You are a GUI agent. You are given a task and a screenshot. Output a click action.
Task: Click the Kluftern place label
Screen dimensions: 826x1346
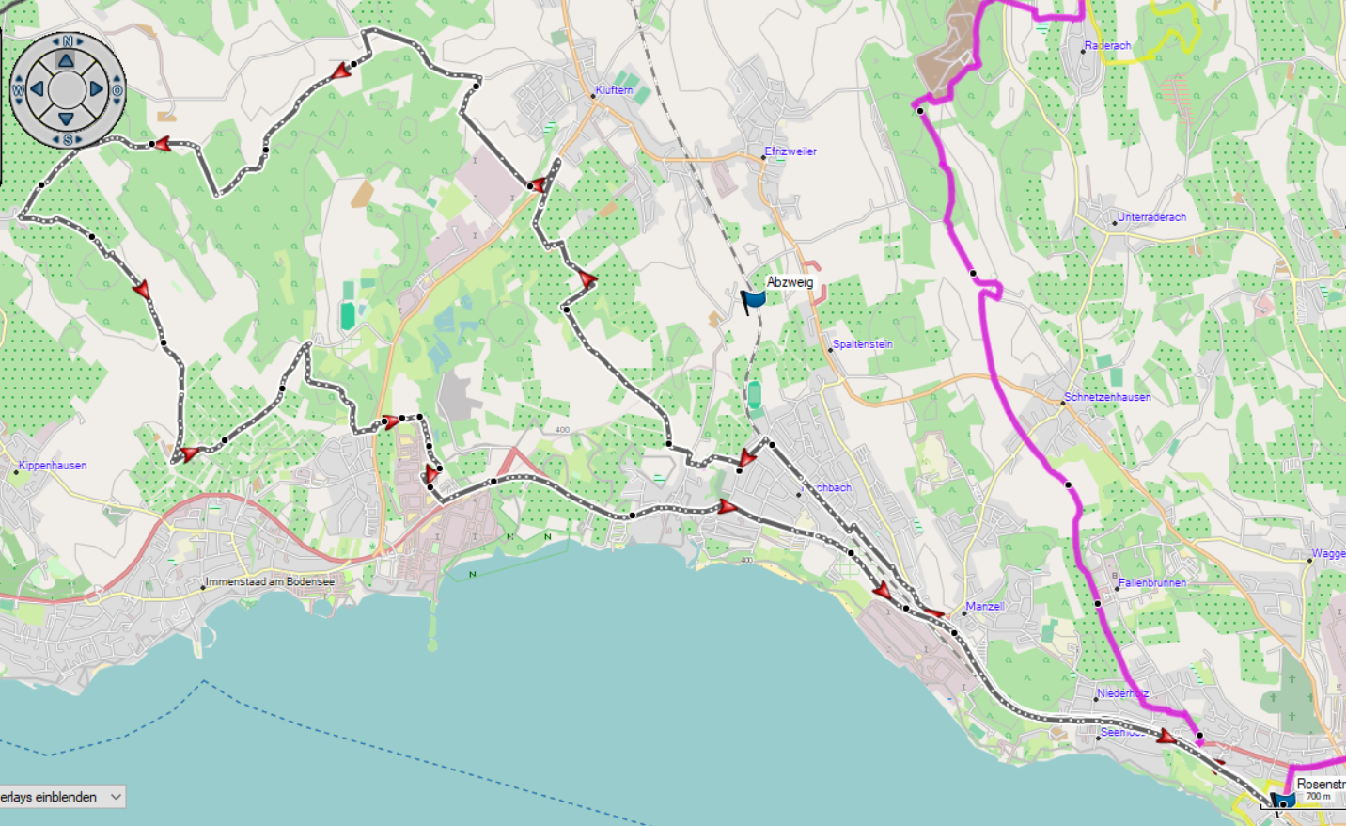614,90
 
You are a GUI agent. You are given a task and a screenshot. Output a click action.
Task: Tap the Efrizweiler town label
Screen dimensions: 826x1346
790,151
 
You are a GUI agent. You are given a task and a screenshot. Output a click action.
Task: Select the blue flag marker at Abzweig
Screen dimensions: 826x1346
753,300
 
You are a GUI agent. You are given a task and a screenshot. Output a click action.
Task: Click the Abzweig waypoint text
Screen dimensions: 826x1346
790,282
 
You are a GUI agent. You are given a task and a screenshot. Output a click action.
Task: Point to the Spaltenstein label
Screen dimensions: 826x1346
862,344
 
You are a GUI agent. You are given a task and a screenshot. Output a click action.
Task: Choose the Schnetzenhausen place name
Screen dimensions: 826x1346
1107,397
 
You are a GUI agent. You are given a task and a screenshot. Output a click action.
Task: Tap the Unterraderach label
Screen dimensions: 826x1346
1151,217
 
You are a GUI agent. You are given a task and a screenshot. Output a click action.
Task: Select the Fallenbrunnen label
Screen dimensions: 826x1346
1151,583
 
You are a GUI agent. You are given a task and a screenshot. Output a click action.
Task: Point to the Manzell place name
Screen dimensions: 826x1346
984,607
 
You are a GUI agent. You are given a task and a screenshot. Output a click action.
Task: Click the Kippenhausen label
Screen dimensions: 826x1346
53,466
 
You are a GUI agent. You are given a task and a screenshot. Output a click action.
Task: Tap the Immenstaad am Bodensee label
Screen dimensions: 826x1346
270,582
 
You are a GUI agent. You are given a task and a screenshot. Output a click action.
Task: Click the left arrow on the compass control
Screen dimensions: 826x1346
37,89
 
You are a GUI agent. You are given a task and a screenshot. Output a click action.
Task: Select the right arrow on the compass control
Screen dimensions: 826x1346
97,89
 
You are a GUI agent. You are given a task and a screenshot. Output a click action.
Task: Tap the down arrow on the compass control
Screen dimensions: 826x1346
67,119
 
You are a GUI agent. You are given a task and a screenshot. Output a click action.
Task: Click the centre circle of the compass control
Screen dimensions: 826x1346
67,89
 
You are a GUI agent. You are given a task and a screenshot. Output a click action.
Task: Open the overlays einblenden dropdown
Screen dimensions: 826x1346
62,797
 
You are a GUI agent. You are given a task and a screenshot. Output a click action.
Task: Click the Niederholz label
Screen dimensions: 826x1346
1122,693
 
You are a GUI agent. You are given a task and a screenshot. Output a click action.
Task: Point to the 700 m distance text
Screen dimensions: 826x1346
1318,797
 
